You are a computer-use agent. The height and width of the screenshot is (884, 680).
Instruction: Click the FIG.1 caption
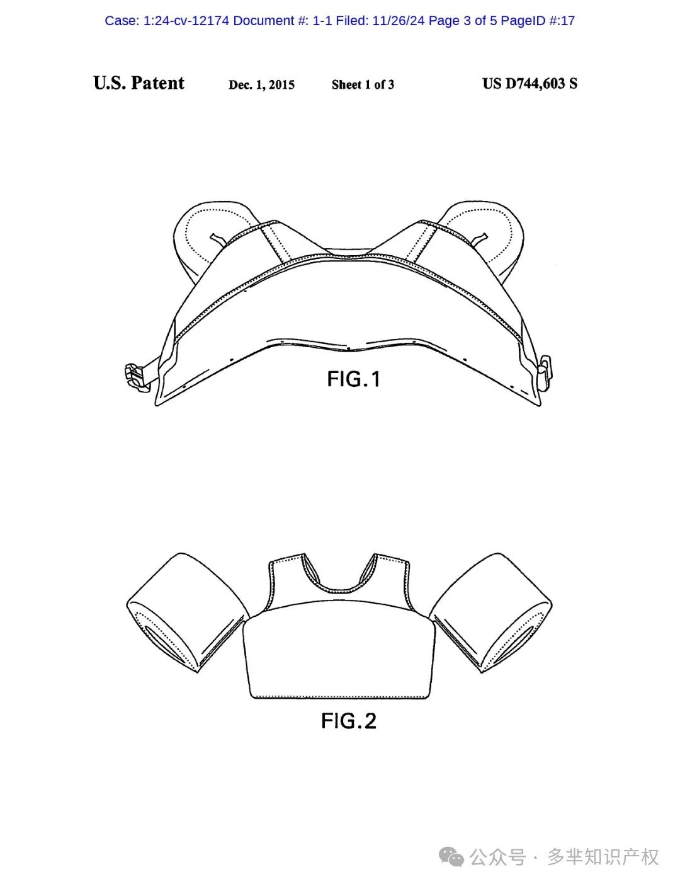coord(354,379)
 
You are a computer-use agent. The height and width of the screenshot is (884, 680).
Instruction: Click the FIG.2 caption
coord(349,721)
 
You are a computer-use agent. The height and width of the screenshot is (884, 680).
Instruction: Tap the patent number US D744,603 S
coord(530,83)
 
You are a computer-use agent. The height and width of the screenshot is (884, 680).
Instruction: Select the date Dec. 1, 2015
coord(261,84)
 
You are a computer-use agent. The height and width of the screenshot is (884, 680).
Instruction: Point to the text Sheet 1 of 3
coord(363,84)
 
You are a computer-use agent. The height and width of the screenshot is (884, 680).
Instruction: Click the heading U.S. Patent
coord(139,83)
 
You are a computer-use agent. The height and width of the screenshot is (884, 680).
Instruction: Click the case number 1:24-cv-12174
coord(186,21)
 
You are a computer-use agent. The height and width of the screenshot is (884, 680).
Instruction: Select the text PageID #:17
coord(537,21)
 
